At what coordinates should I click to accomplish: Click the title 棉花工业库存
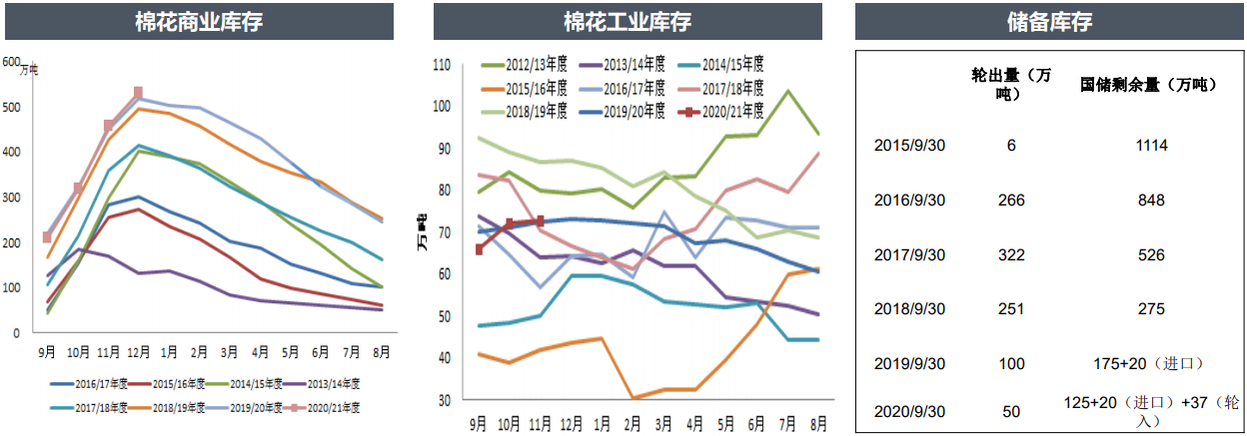point(627,22)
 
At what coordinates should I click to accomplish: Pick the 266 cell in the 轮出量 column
point(1012,201)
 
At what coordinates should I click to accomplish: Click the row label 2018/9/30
point(909,309)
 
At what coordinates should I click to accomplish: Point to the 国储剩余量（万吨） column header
point(1149,85)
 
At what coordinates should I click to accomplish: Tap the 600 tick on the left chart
point(12,62)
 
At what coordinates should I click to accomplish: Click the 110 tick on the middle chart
point(442,65)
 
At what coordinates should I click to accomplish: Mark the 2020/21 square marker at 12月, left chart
point(138,93)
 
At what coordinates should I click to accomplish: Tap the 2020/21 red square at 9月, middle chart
point(480,249)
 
